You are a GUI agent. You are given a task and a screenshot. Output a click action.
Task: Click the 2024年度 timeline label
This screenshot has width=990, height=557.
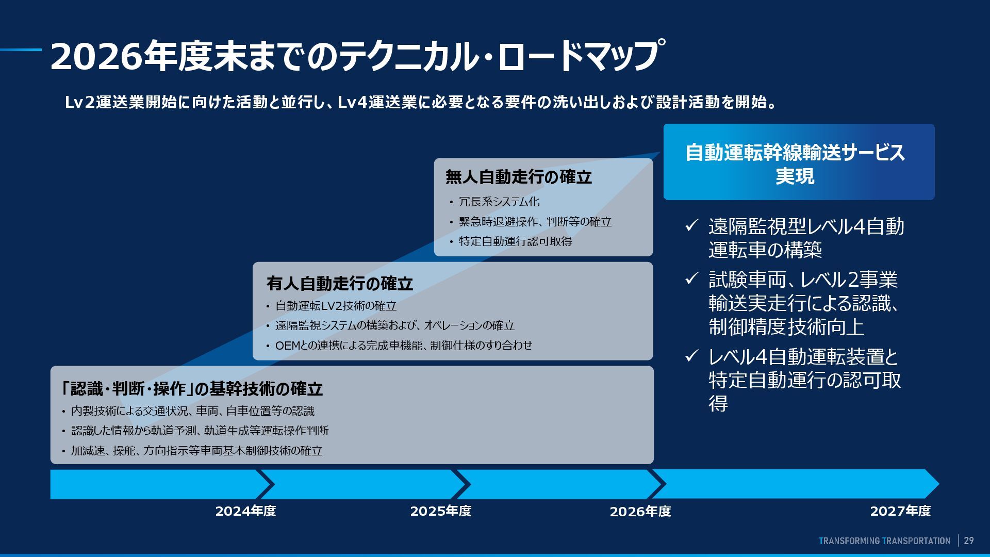point(245,511)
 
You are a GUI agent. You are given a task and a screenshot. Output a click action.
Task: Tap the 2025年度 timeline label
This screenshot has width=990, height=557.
point(440,511)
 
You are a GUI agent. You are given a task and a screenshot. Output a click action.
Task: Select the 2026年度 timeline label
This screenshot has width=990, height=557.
point(640,512)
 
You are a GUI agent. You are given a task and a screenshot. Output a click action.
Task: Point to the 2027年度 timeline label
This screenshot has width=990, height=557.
point(900,511)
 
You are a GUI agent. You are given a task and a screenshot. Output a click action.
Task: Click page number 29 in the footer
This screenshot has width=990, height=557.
point(969,540)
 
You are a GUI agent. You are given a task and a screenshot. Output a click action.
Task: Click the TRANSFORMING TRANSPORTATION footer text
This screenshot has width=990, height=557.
point(884,540)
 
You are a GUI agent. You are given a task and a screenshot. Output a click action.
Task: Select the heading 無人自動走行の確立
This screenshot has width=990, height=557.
point(518,177)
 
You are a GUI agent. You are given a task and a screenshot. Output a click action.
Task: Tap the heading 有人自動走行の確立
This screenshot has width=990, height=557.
point(339,284)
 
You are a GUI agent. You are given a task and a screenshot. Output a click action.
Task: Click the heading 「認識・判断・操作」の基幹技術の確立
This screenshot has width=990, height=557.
point(191,389)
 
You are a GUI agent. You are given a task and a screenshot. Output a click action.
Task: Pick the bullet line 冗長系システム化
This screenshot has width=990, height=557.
point(499,202)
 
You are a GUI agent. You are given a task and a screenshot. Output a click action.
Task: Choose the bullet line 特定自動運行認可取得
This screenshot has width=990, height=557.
point(515,241)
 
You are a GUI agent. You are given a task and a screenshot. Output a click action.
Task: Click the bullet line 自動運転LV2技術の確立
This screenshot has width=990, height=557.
point(336,306)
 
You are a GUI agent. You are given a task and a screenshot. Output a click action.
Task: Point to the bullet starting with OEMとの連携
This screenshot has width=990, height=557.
point(403,346)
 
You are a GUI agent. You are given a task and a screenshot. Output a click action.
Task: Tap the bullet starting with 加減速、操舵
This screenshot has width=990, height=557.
point(196,451)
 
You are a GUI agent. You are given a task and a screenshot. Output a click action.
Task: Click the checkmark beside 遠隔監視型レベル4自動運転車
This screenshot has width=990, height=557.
point(691,226)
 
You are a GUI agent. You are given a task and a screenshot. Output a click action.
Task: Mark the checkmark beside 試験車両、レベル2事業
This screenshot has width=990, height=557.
point(691,279)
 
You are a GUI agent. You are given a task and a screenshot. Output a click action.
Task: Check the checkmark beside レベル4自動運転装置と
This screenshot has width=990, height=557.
point(691,356)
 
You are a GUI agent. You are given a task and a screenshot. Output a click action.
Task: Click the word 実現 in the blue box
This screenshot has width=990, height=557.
point(795,176)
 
